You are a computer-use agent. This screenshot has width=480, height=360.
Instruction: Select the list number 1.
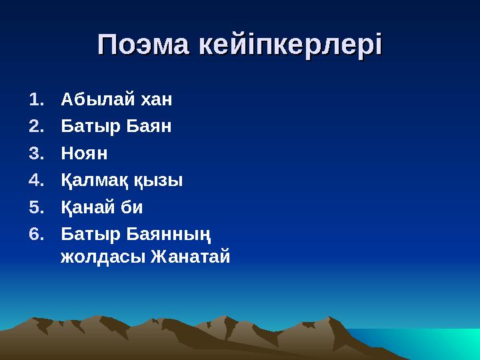37,100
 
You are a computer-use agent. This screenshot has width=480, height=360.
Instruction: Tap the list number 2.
37,126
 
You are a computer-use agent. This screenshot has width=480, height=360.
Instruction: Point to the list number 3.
37,153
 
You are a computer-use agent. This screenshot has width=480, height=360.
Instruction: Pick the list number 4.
37,179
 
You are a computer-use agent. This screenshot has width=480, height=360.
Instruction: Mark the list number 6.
37,233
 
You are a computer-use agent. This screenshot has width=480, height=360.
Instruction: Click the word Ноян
84,153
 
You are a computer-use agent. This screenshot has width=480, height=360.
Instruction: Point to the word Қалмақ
93,180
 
